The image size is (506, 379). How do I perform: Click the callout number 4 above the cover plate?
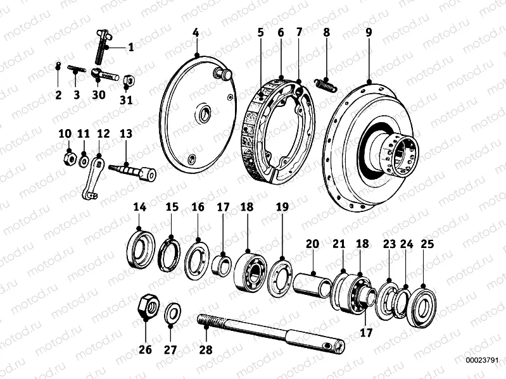(196, 32)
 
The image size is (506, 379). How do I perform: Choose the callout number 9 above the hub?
(369, 32)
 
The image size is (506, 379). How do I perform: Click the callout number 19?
(282, 207)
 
